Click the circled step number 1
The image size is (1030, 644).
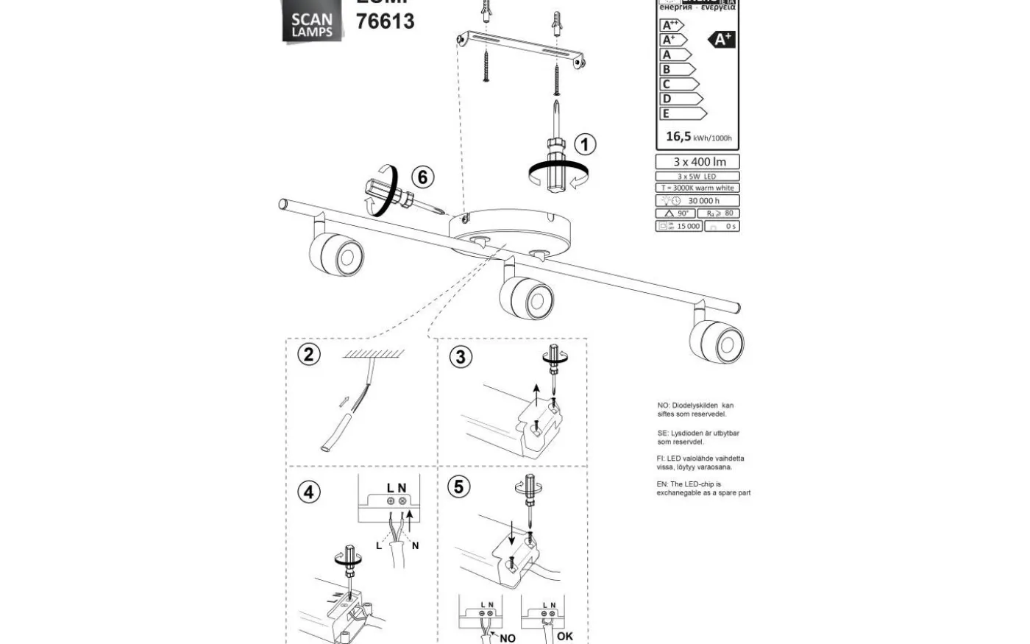click(x=585, y=144)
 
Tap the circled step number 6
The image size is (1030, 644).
click(x=422, y=177)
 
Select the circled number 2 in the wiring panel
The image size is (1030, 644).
click(x=309, y=354)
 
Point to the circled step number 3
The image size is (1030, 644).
click(x=461, y=357)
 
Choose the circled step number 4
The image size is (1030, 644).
click(x=309, y=492)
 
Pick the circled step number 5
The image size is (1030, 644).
click(x=460, y=486)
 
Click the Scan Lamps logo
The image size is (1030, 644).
click(x=312, y=24)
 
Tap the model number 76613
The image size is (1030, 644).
click(x=385, y=21)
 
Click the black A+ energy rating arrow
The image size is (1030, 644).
click(x=722, y=40)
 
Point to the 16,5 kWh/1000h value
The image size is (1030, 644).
click(x=698, y=137)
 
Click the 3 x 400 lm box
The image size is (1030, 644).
click(x=697, y=162)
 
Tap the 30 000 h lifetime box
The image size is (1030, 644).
click(x=697, y=200)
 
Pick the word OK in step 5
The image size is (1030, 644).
click(x=565, y=636)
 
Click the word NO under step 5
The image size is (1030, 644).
click(x=508, y=638)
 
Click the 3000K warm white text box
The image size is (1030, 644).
click(x=697, y=188)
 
